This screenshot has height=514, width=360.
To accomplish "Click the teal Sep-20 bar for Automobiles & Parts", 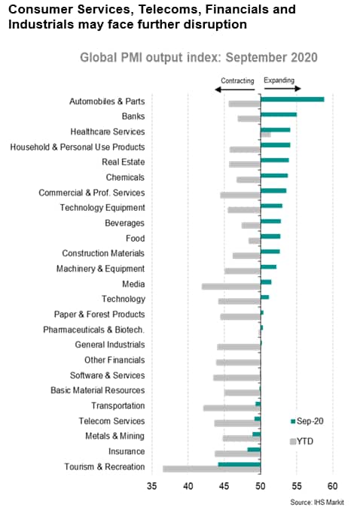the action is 292,99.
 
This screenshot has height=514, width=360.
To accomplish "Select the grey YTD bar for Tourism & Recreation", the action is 212,469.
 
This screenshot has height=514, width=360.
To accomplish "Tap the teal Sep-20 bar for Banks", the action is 279,114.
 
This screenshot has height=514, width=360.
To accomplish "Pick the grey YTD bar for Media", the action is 231,287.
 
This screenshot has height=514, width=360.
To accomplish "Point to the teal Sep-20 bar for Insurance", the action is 254,449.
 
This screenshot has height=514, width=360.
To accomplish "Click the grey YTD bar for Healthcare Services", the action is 266,135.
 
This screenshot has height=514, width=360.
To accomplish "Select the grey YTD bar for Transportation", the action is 232,408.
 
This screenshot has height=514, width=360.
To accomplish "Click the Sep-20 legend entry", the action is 307,421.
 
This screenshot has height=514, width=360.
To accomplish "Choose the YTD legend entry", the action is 301,441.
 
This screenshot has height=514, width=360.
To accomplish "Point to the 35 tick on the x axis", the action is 151,486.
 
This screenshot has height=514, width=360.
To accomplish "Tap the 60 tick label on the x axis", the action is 332,486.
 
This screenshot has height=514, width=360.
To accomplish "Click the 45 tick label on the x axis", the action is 224,486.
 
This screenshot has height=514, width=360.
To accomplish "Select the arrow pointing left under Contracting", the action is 235,89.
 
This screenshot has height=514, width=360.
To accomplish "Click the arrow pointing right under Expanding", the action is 282,88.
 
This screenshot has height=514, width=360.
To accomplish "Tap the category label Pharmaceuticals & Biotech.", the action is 94,330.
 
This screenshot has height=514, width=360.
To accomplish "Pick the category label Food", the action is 136,238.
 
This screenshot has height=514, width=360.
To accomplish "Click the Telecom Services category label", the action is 111,421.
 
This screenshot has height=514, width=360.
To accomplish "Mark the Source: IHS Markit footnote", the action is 317,502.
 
